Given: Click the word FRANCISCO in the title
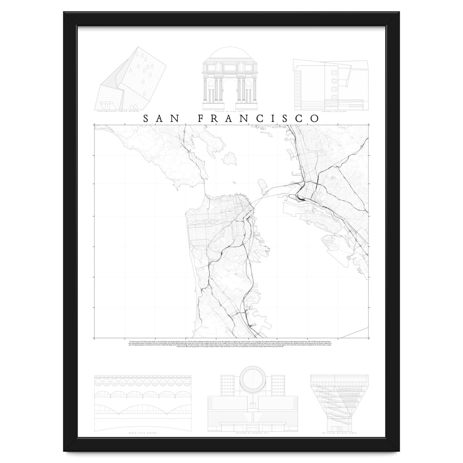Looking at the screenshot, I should coord(258,118).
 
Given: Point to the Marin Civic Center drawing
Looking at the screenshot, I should coord(142,401).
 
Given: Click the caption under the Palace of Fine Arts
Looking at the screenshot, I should coord(230,112).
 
